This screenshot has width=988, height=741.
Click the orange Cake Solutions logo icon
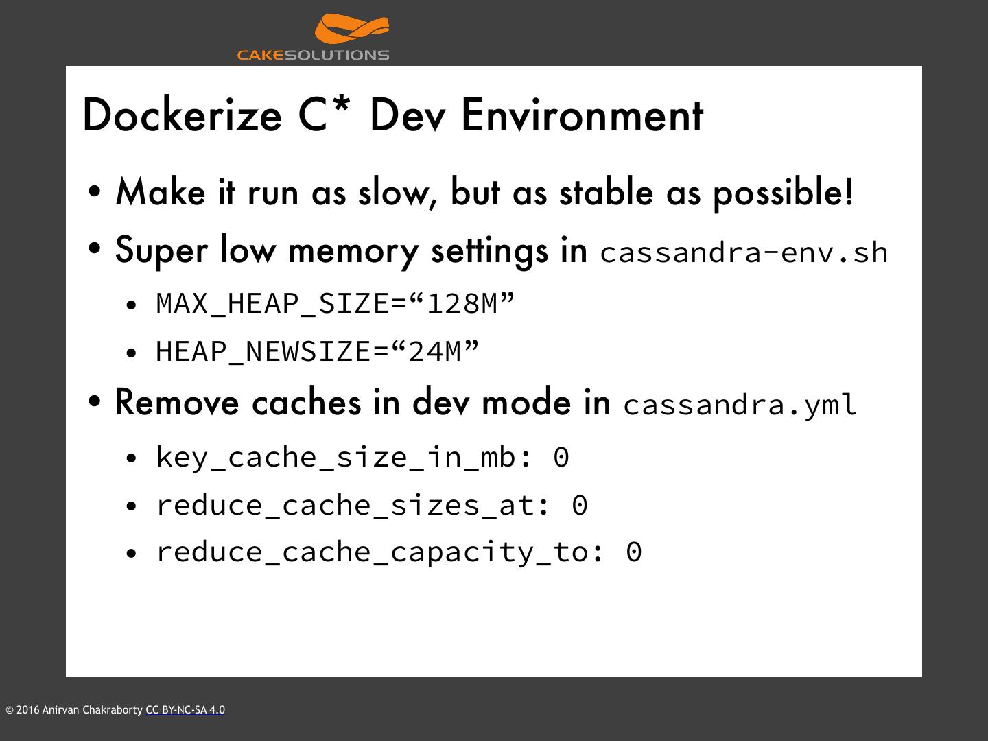[352, 30]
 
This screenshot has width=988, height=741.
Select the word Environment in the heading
[582, 115]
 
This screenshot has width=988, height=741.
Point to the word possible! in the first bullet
[784, 193]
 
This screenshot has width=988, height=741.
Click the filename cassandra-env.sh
[744, 252]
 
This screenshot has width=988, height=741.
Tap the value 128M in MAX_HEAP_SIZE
[462, 303]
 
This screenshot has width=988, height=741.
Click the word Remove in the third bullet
[177, 403]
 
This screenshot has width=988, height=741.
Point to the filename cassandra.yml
[740, 405]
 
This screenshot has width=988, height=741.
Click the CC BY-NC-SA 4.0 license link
[185, 710]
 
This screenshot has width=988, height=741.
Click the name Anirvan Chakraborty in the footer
[93, 710]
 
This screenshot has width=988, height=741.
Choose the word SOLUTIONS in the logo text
[337, 55]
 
